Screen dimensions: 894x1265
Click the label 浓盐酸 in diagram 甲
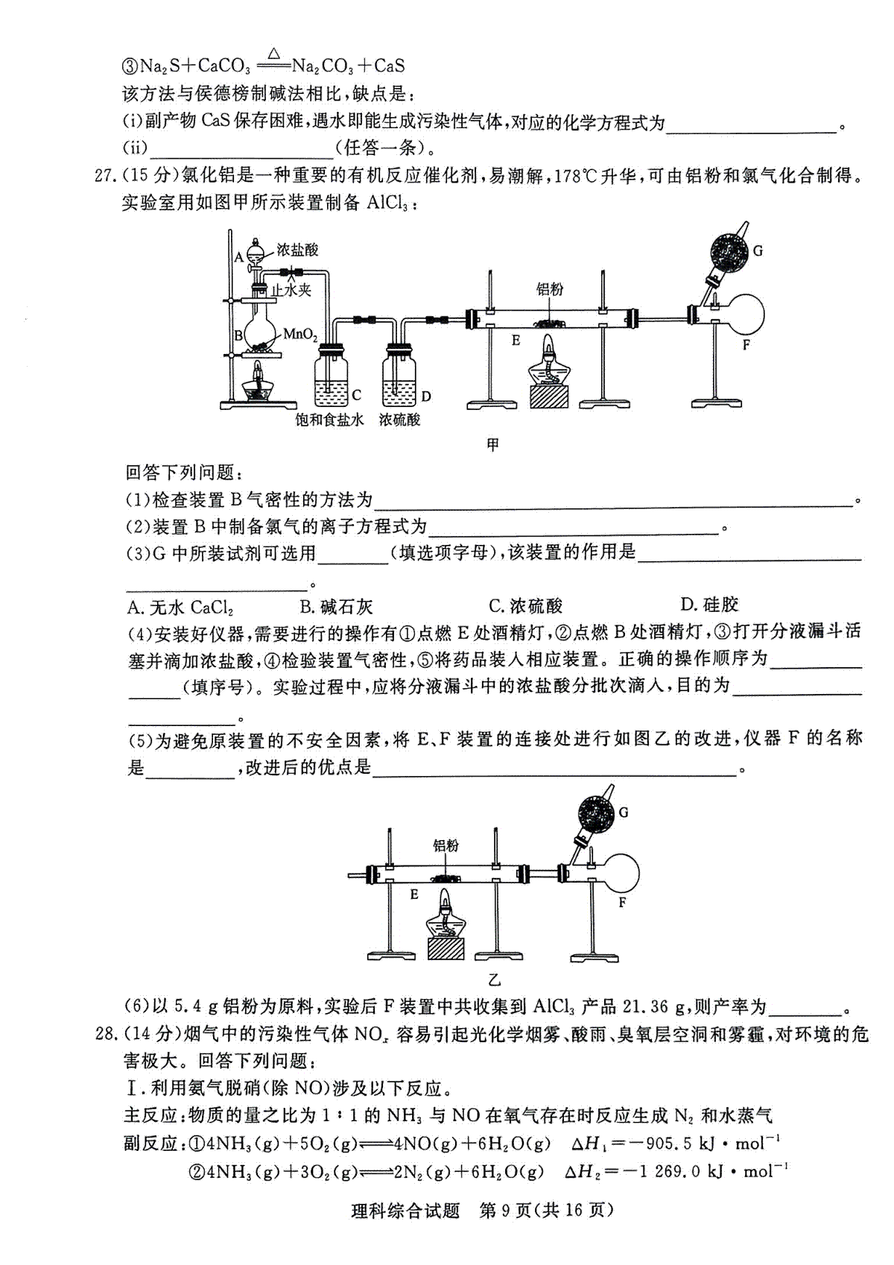pyautogui.click(x=297, y=250)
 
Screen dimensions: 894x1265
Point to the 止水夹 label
pyautogui.click(x=291, y=290)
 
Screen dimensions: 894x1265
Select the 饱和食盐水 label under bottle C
pyautogui.click(x=329, y=420)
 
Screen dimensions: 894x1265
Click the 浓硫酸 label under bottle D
pyautogui.click(x=399, y=420)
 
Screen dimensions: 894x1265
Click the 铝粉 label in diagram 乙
pyautogui.click(x=446, y=845)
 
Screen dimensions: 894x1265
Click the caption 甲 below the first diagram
pyautogui.click(x=492, y=446)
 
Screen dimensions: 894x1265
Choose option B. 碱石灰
pyautogui.click(x=337, y=607)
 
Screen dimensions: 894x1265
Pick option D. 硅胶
pyautogui.click(x=709, y=605)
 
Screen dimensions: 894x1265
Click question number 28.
pyautogui.click(x=105, y=1034)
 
